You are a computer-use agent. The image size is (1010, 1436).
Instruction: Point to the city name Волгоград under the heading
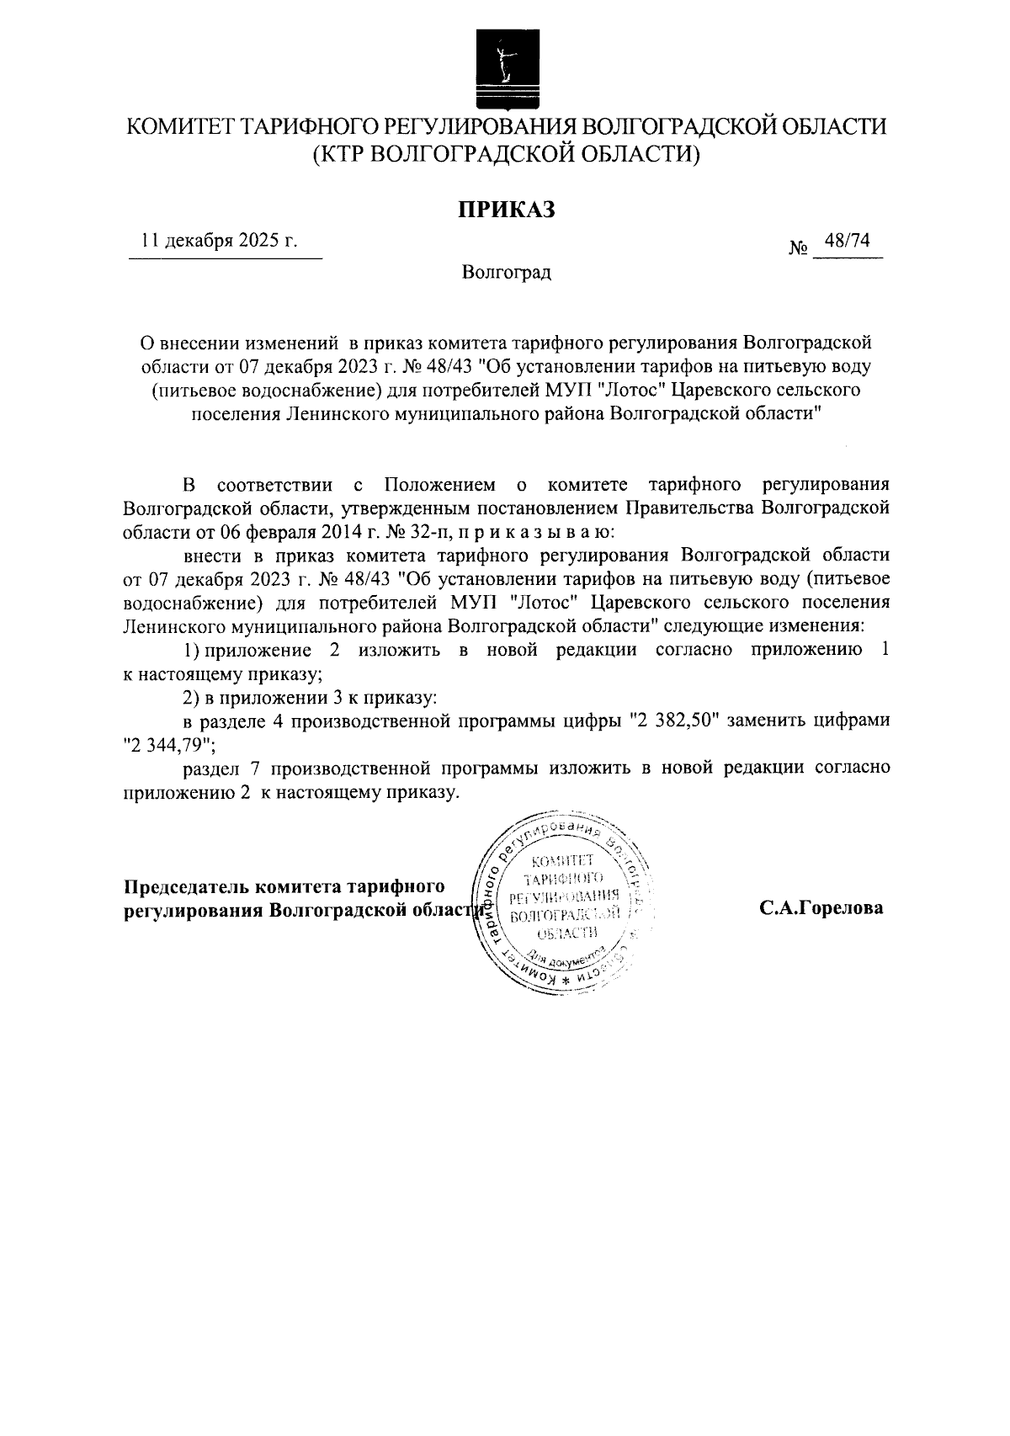point(506,273)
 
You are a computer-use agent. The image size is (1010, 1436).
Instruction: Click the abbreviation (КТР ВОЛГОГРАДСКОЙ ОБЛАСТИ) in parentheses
point(506,153)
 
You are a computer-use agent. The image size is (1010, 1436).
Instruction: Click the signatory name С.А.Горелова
point(821,908)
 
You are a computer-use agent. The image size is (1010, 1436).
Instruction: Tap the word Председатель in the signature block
point(187,887)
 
